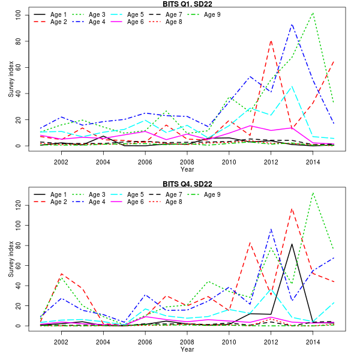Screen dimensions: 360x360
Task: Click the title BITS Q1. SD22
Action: pos(187,4)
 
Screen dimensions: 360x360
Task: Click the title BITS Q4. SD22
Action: pos(187,184)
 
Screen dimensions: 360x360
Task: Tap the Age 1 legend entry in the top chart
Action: pos(51,14)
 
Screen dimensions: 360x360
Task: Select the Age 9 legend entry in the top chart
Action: pos(204,14)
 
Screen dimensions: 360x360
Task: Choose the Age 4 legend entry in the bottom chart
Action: pos(89,202)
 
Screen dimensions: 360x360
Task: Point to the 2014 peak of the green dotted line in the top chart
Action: pos(313,13)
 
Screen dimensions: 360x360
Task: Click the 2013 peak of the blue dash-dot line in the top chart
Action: pos(292,25)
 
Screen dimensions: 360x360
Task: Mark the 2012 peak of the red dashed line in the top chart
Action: pos(271,40)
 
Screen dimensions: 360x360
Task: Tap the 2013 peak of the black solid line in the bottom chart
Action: pos(292,244)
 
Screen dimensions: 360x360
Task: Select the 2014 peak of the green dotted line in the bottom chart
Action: pos(313,193)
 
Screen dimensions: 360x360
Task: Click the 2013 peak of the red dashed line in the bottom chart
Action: pos(292,209)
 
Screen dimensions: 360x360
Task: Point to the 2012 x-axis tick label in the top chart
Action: pos(271,162)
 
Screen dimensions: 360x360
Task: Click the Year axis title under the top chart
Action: pos(187,170)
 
